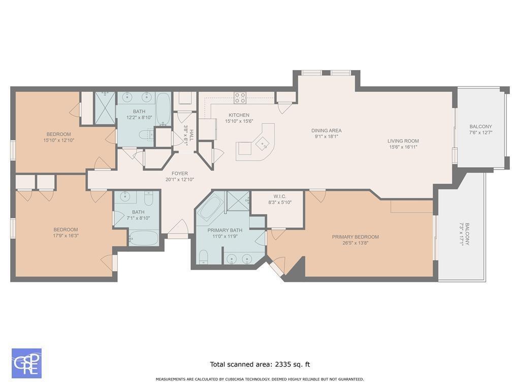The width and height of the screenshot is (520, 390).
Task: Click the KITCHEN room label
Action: [x=239, y=115]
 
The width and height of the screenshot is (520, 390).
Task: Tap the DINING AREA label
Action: [x=327, y=131]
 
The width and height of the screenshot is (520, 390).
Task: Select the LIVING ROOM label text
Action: [x=403, y=141]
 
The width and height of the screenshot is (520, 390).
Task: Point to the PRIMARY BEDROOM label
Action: [x=355, y=237]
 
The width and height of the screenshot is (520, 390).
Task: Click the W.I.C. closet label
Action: [x=280, y=197]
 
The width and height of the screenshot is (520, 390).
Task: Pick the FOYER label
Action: [x=179, y=174]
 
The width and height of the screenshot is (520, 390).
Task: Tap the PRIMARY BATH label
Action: [x=225, y=230]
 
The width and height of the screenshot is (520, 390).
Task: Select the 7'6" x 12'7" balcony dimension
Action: [x=480, y=133]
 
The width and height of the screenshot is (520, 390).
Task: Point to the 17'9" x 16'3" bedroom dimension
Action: [x=66, y=236]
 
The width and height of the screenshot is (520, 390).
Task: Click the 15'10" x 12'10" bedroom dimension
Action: [x=59, y=140]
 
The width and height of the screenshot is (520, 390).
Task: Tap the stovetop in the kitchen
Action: [x=240, y=97]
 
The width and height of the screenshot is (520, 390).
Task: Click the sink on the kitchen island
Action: [x=264, y=144]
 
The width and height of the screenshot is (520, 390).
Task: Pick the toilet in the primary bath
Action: [x=203, y=257]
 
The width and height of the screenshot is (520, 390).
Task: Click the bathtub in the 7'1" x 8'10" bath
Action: [x=143, y=238]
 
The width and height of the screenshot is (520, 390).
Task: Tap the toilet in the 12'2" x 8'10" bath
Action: [x=146, y=134]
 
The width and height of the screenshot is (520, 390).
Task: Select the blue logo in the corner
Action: [x=26, y=363]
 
